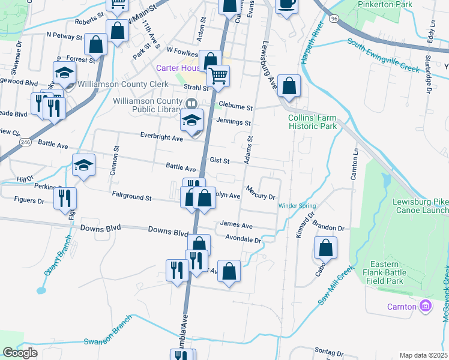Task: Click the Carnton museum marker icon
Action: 426,307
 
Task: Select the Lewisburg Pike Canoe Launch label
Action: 420,205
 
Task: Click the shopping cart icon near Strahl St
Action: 218,76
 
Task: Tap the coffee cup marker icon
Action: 286,4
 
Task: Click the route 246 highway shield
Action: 24,142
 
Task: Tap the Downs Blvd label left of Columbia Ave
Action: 101,229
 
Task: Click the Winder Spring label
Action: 297,206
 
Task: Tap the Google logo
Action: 20,353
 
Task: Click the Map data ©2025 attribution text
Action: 423,355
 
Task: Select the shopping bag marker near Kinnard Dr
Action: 325,248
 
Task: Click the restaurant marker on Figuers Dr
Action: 65,198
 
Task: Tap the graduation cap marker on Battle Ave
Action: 83,166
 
